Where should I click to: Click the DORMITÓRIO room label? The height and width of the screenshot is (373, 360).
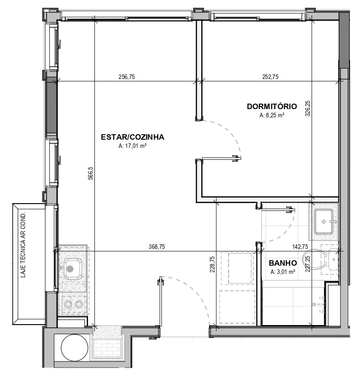[x=272, y=106]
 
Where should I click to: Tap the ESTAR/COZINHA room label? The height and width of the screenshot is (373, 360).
[x=132, y=137]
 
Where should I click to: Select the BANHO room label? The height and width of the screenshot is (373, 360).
[x=283, y=263]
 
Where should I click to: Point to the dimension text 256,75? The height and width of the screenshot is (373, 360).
[x=126, y=77]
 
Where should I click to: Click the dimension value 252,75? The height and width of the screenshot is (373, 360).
[x=270, y=77]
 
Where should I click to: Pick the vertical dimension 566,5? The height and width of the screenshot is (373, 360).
[x=91, y=173]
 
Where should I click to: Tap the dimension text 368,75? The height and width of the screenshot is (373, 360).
[x=157, y=247]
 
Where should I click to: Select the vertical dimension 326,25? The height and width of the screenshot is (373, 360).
[x=308, y=108]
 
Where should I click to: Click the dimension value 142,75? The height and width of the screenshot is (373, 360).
[x=300, y=247]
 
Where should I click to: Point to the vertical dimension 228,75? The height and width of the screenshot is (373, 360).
[x=212, y=264]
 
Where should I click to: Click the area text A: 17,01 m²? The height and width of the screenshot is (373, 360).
[x=132, y=146]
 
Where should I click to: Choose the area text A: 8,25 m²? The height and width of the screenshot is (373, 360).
[x=272, y=115]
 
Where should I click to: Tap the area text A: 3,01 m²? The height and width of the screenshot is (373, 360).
[x=283, y=272]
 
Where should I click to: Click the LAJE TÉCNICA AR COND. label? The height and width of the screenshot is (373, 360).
[x=23, y=245]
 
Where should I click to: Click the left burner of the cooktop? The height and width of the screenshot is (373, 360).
[x=68, y=304]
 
